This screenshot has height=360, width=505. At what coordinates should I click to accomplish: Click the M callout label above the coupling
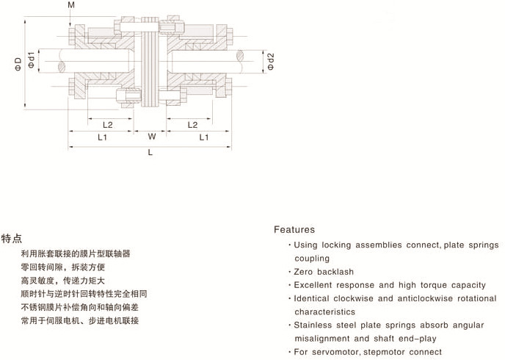71,6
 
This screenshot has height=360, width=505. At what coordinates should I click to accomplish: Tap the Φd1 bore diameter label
32,60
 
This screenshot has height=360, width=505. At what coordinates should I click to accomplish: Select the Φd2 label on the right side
270,62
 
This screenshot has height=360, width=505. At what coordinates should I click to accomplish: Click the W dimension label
151,137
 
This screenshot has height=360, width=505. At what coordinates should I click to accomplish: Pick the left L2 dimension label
107,124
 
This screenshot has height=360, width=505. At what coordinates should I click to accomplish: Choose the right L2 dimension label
193,124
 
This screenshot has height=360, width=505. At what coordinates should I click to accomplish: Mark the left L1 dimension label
102,137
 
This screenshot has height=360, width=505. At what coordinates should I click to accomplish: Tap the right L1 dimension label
203,137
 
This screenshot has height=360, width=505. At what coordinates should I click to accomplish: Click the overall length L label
150,153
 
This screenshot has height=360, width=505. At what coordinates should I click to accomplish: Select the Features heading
294,230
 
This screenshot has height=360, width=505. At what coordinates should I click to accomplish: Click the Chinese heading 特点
11,239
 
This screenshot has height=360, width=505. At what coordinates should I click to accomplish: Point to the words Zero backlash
324,272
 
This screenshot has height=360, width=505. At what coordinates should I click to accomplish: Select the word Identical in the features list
314,298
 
